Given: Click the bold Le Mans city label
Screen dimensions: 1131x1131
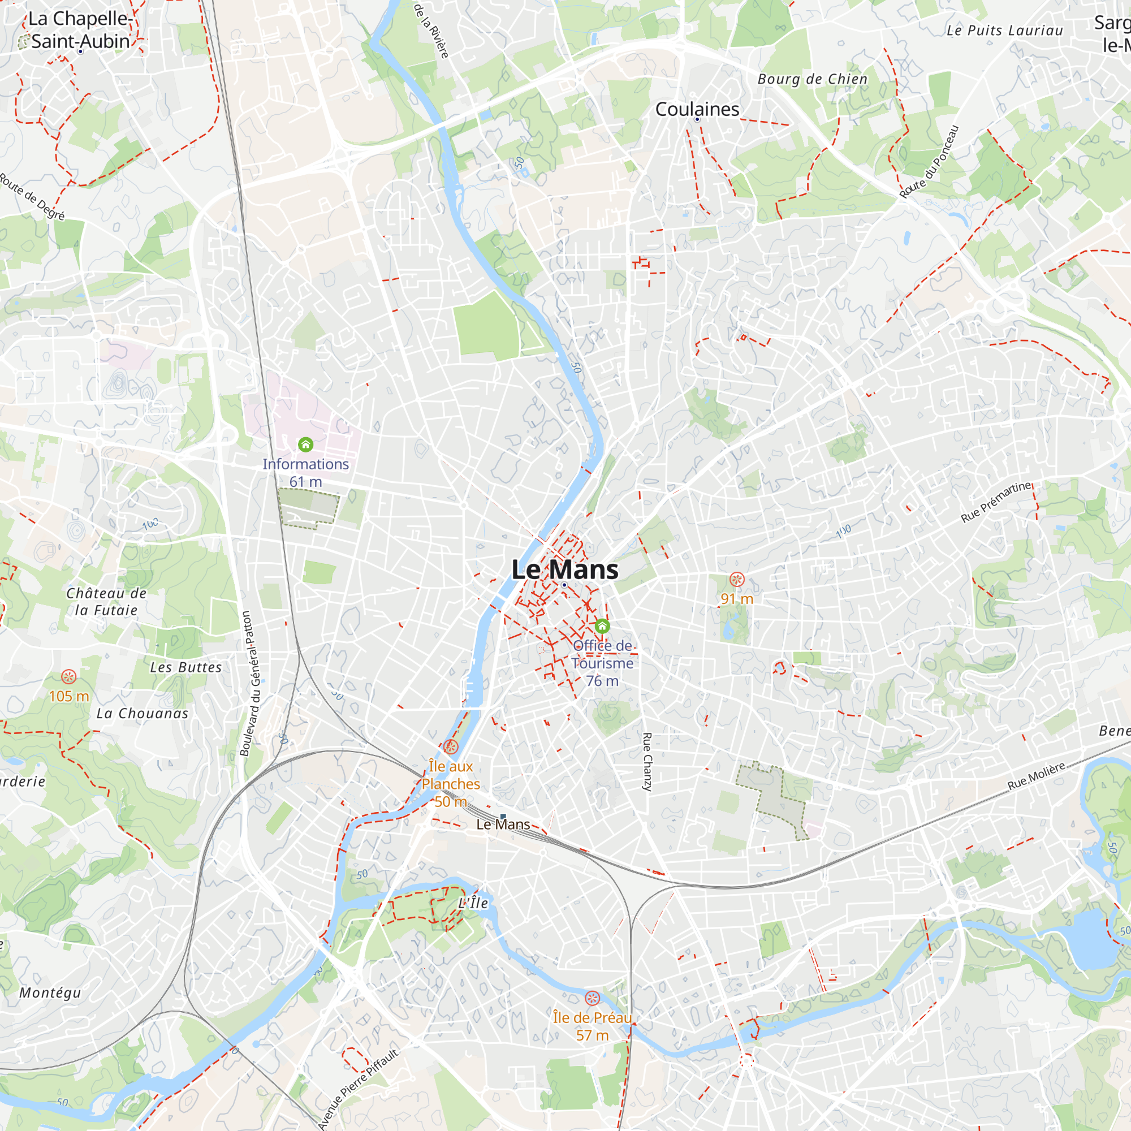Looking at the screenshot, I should pos(564,569).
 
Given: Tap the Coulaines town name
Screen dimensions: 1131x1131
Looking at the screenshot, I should pos(697,109).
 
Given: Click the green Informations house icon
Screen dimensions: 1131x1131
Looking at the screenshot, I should pos(305,445).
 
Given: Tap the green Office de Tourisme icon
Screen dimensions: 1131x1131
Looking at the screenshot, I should pos(602,627).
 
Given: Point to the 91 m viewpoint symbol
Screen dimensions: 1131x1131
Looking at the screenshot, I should pos(736,580).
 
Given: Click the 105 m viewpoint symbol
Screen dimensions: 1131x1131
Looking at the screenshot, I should pos(69,677).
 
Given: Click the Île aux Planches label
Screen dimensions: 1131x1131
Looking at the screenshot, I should pos(450,775).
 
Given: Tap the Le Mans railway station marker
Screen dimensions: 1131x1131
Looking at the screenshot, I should pos(503,817).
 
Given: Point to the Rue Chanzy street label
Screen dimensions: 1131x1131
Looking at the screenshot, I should pos(647,762).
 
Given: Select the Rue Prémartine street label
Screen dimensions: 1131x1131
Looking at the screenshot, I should pos(997,502).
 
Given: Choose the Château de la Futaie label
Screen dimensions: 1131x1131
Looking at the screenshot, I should pos(106,601).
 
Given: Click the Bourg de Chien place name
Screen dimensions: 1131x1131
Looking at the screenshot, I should pos(812,79).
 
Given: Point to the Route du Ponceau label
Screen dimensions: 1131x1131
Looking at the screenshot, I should pos(929,162).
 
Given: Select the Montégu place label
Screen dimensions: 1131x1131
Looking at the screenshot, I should pos(50,993).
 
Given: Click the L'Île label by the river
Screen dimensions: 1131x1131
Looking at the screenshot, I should pos(473,903).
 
